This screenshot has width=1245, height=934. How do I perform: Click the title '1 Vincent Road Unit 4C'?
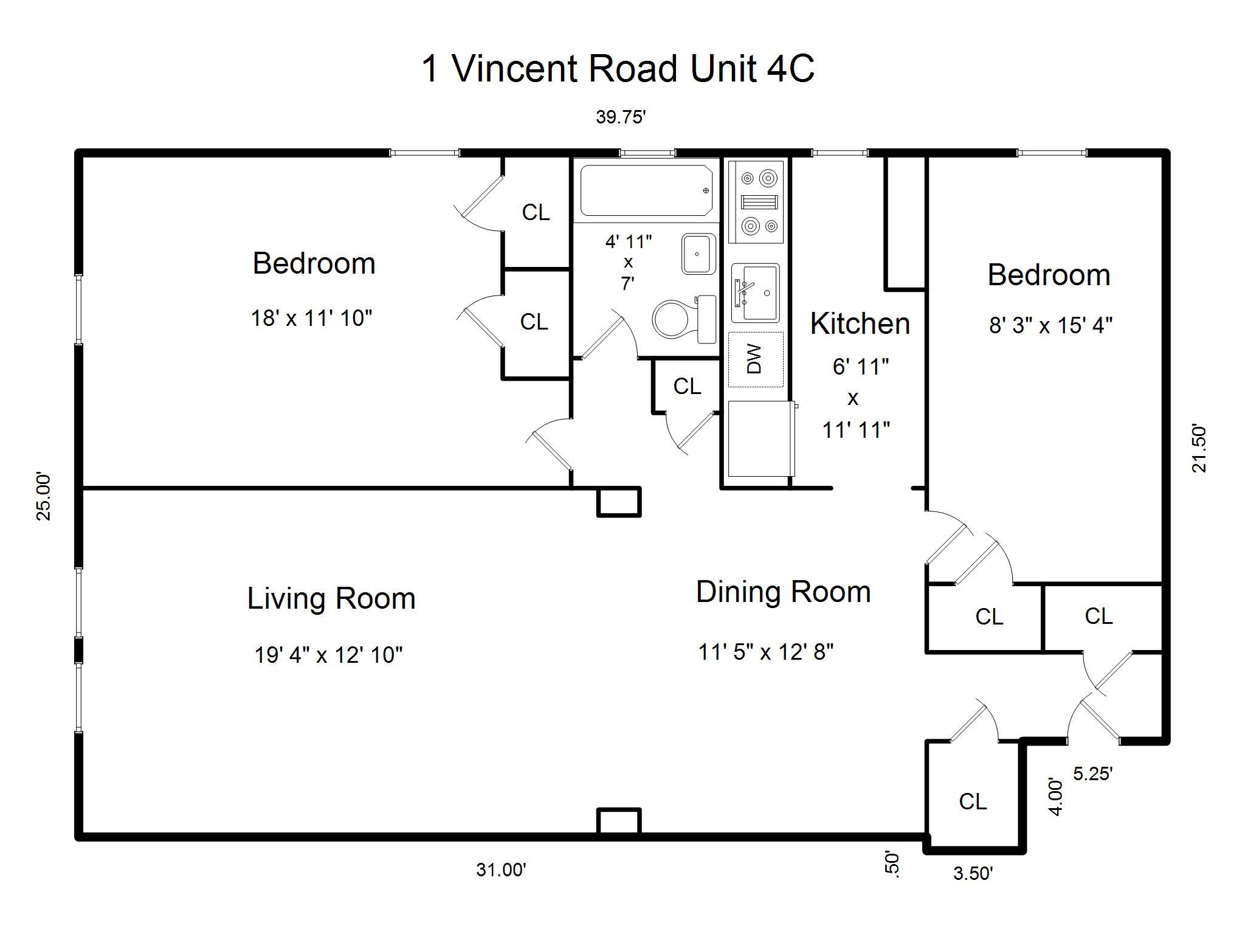(618, 68)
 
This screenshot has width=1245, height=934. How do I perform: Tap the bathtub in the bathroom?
(646, 190)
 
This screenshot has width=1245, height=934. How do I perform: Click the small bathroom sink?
(698, 254)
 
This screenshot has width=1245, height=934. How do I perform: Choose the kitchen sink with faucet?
(755, 293)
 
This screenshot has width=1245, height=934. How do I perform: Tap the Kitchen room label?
(860, 323)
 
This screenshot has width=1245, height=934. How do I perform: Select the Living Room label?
(331, 598)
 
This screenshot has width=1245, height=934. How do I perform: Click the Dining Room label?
(783, 592)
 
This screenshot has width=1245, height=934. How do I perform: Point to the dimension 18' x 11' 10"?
(311, 317)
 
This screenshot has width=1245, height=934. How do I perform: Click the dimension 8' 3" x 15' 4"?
(1050, 325)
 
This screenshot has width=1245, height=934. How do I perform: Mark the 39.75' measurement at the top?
(620, 117)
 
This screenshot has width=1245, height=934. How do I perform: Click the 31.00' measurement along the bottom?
(501, 870)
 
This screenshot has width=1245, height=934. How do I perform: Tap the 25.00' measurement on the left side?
(44, 496)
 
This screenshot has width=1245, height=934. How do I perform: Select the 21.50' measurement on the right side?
(1199, 448)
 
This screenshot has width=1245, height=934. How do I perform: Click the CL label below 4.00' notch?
(973, 801)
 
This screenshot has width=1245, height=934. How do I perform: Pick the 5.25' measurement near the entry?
(1092, 774)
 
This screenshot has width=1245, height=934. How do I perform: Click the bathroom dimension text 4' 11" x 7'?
(628, 262)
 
